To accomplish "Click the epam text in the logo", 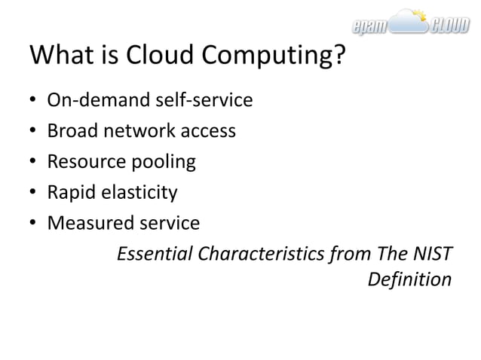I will pos(370,29).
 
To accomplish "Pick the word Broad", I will pos(70,131).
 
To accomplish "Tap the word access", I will pos(208,132).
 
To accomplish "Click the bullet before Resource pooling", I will pos(32,163).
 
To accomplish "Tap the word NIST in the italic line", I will pos(434,255).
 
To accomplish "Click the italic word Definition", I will pos(409,280).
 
